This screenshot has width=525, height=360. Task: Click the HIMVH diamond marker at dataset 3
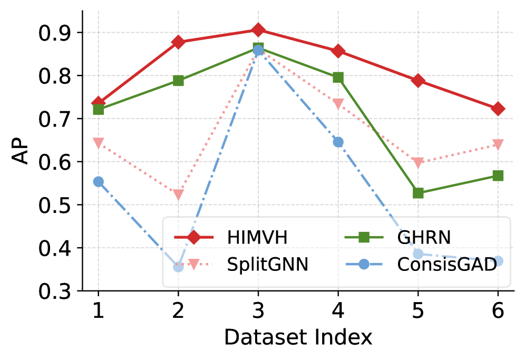[258, 30]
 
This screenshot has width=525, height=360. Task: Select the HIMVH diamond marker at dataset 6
[498, 109]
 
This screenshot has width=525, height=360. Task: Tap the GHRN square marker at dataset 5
[418, 193]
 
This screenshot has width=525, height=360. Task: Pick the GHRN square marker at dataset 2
[178, 81]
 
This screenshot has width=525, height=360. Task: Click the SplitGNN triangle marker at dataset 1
[98, 143]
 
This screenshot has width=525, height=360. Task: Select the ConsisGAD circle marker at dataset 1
[98, 181]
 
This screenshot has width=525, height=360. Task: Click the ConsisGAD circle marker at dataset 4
[338, 142]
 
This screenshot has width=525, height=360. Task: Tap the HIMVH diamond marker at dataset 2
[178, 42]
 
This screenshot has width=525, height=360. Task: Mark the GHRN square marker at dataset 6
[498, 176]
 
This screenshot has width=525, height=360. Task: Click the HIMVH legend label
[257, 238]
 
